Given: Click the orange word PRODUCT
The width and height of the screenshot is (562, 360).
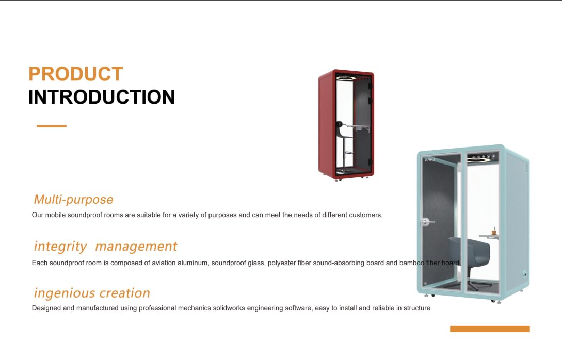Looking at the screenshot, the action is coord(76,74).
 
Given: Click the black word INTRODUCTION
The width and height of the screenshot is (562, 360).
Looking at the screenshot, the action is coord(102,97).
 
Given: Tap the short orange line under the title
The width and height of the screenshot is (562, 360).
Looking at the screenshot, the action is coord(51,126).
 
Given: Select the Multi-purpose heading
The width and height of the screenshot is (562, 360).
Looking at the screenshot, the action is coord(73,199).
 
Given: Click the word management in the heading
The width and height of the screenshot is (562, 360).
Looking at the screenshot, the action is coord(136,247).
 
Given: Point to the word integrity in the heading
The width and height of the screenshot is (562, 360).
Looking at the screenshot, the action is coord(60,247).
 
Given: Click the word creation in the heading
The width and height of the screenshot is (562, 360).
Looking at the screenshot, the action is coord(125,293).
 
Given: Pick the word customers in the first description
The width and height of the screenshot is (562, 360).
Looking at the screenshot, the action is coord(366,215).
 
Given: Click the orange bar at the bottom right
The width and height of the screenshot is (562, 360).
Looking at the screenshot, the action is coord(490,329).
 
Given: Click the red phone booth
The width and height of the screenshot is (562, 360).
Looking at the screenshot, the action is coord(346,125).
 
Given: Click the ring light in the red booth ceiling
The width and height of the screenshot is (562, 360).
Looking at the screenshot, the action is coord(346,78).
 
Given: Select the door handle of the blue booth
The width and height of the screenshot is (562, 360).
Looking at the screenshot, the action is coord(426,222).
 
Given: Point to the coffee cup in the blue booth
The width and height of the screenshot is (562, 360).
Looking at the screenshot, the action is coord(493,232).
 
